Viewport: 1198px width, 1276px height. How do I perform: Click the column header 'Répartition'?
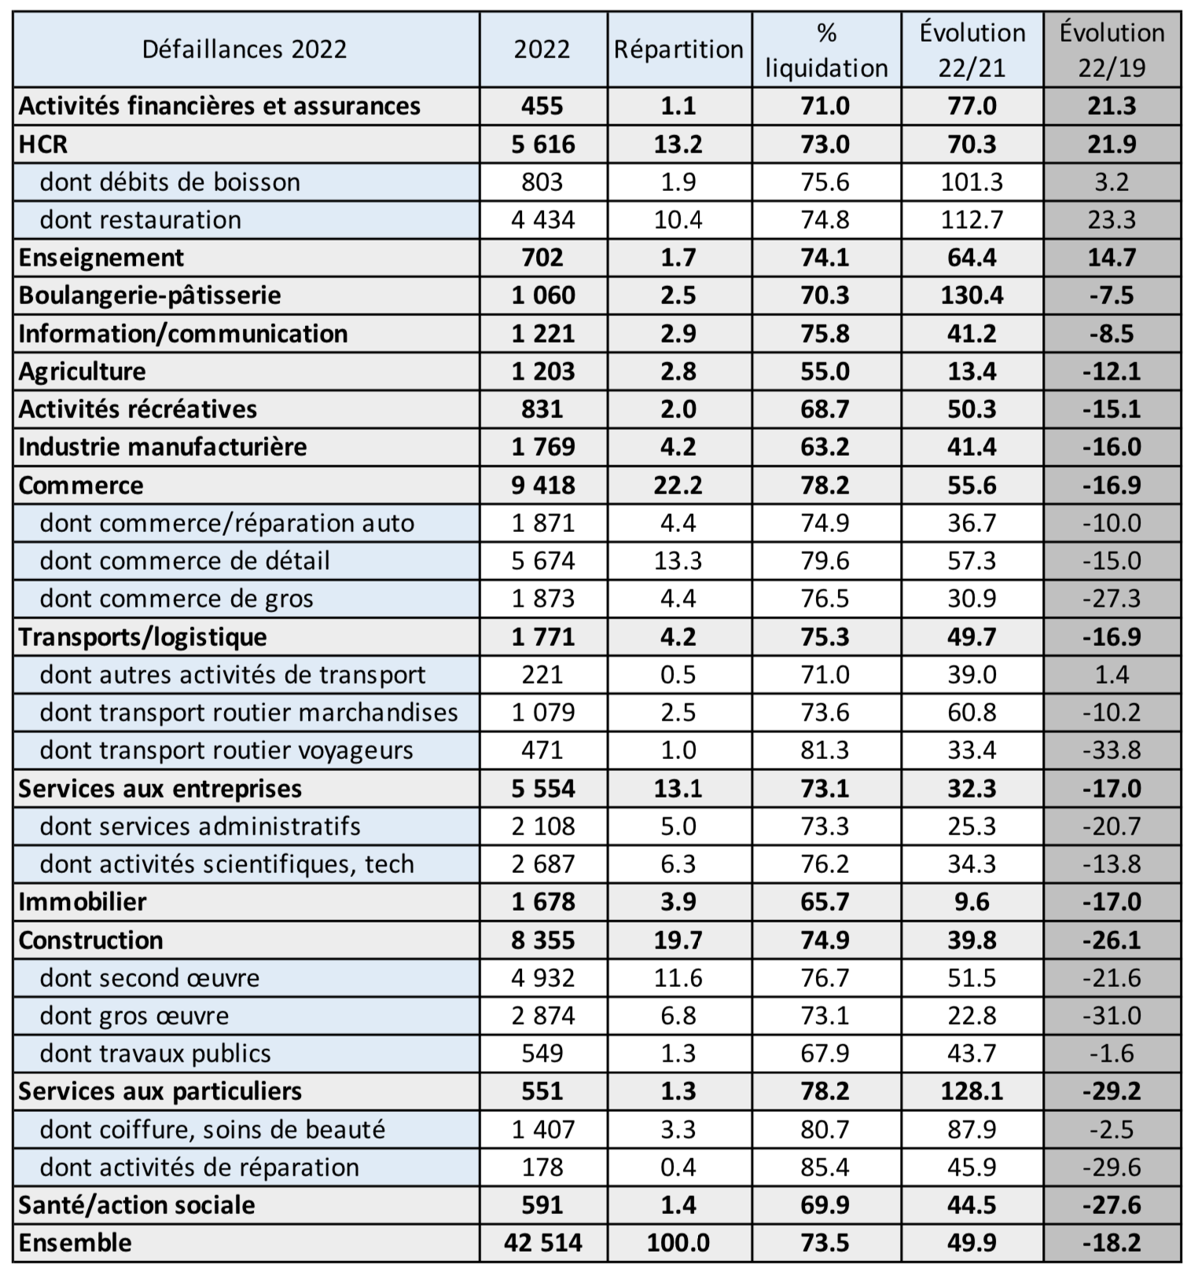tap(678, 49)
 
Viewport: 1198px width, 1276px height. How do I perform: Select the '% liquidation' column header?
tap(826, 50)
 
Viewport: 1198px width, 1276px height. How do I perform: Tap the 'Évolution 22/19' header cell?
tap(1112, 50)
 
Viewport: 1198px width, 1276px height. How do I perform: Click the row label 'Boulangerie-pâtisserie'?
tap(150, 295)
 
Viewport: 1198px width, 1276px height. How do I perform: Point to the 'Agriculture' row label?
tap(83, 371)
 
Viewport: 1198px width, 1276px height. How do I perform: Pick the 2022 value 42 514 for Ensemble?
tap(543, 1243)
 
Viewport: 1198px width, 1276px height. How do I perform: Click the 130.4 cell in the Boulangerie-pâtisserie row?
tap(972, 295)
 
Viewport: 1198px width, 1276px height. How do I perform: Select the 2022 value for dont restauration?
tap(543, 220)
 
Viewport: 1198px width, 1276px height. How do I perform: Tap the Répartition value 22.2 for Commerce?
tap(678, 485)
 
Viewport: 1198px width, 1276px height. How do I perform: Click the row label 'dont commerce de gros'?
tap(177, 599)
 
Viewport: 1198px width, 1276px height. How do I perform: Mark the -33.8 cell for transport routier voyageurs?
tap(1112, 750)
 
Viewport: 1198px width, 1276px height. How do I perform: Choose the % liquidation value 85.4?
tap(825, 1168)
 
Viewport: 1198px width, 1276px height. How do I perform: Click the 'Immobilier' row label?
tap(83, 902)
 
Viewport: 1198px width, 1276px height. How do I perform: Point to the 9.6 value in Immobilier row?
tap(972, 902)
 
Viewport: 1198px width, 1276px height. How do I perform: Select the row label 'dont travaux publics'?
tap(156, 1054)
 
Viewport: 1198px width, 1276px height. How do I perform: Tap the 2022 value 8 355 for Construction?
tap(543, 940)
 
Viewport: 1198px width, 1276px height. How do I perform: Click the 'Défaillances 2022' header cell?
tap(244, 49)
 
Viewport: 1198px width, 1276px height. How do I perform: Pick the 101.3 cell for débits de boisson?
tap(972, 182)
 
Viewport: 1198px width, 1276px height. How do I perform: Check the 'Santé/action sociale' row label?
tap(137, 1205)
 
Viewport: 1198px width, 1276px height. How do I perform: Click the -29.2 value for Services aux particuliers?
tap(1112, 1091)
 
